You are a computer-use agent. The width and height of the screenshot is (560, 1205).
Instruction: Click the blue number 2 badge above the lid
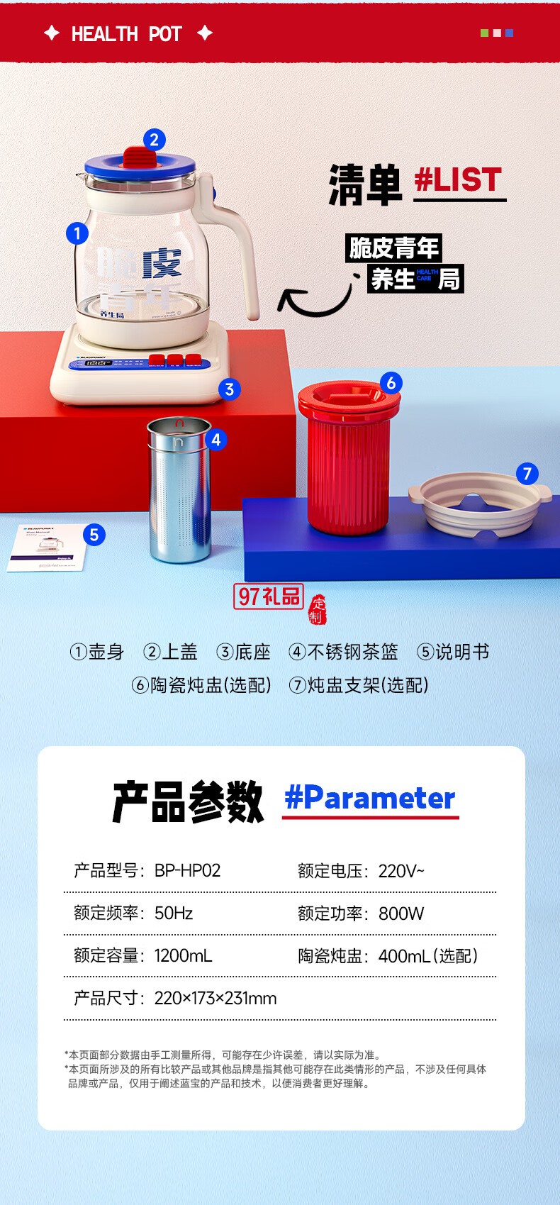click(x=155, y=140)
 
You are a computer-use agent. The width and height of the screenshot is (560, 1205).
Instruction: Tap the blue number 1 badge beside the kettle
click(x=77, y=233)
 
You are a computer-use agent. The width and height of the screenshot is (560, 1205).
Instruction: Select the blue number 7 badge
click(x=527, y=474)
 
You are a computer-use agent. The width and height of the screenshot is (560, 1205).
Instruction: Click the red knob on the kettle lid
click(x=140, y=158)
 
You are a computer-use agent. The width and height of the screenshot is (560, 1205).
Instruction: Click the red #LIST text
click(x=458, y=179)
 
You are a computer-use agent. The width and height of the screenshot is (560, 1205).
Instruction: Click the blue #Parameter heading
click(x=369, y=799)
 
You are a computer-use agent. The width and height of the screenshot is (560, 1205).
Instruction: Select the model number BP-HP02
click(x=187, y=870)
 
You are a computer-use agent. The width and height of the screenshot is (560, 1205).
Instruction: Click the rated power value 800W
click(x=401, y=914)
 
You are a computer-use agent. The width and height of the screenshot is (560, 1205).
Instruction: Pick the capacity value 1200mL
click(x=183, y=956)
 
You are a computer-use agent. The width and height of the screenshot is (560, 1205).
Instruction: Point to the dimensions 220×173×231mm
click(x=215, y=999)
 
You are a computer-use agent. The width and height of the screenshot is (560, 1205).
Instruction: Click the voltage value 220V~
click(x=401, y=871)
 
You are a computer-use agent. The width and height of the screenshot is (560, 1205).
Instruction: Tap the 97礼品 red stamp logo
click(x=269, y=596)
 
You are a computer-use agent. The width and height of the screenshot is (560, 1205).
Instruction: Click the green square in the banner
click(x=485, y=33)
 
